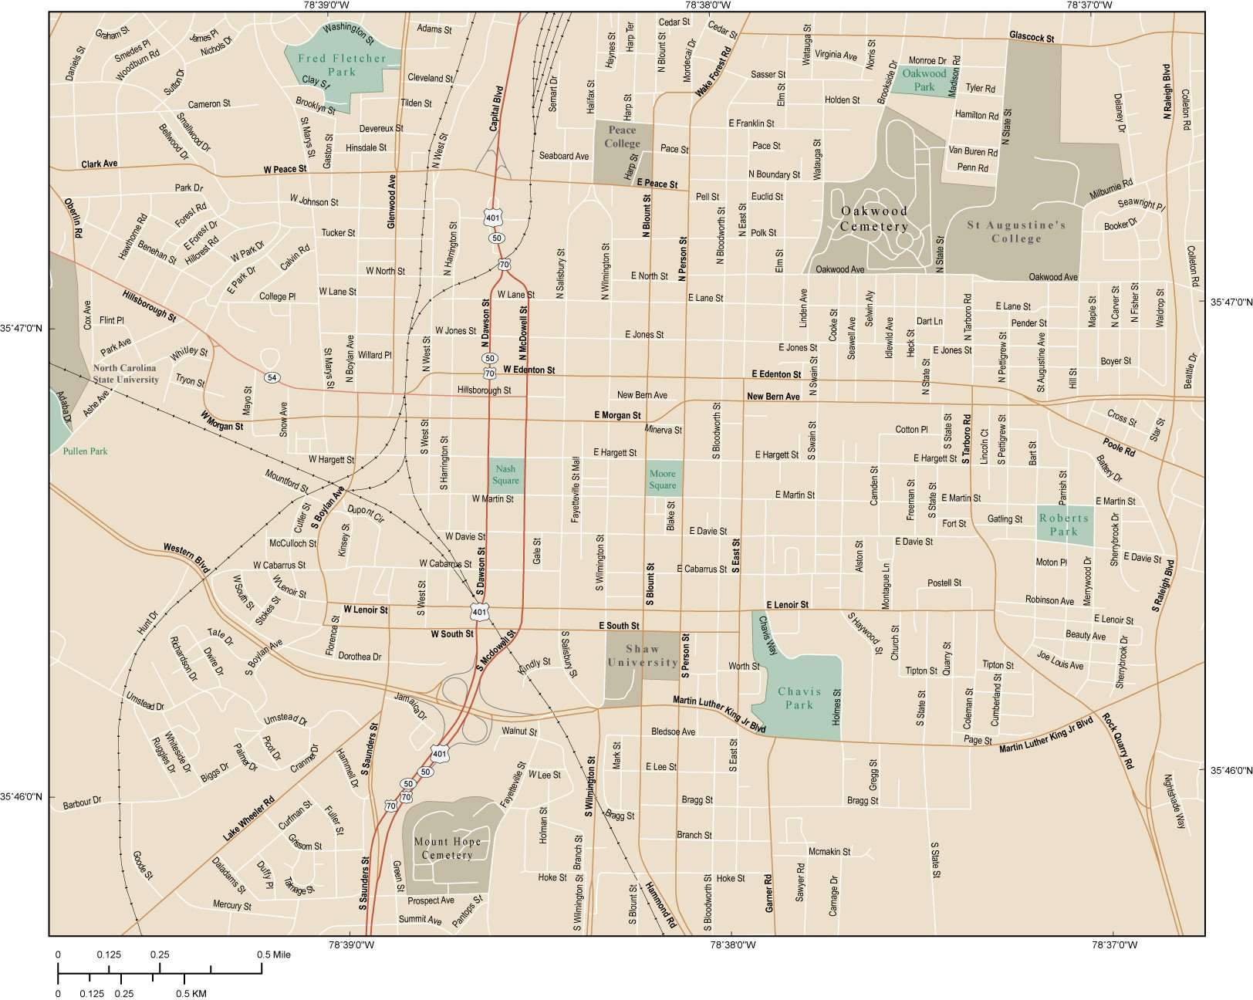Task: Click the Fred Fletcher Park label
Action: click(342, 65)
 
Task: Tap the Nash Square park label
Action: click(505, 475)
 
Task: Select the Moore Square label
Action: click(662, 479)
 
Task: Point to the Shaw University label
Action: click(643, 656)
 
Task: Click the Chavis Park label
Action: click(799, 698)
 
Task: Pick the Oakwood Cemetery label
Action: click(873, 218)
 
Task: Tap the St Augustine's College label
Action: click(1016, 231)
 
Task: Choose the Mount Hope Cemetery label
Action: click(447, 848)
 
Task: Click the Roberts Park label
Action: click(1063, 525)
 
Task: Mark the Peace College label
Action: click(622, 137)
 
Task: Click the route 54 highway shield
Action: click(272, 377)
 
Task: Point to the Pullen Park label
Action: click(86, 451)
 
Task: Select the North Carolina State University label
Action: click(126, 374)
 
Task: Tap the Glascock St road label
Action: click(1032, 37)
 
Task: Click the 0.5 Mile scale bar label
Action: click(274, 954)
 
